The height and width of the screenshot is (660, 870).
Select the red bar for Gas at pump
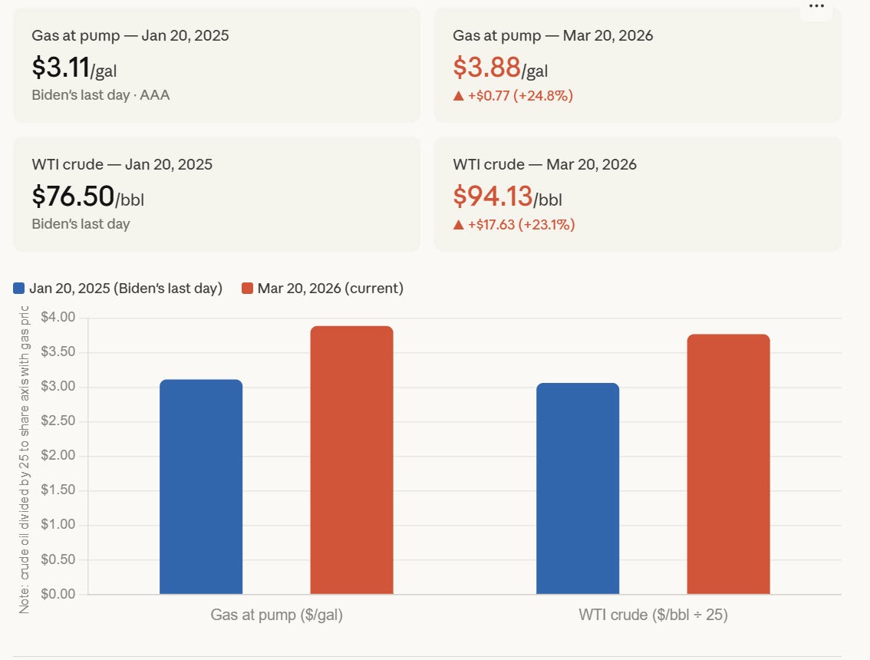pos(351,460)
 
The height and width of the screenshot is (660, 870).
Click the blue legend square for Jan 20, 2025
pos(19,289)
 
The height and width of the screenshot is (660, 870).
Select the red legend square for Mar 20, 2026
pos(247,289)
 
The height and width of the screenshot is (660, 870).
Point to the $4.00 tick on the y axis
pos(58,317)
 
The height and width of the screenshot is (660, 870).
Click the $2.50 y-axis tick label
pos(58,421)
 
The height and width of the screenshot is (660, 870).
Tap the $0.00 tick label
pos(58,594)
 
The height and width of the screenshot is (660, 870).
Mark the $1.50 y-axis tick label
pos(58,490)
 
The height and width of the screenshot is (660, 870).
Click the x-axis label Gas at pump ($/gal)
pos(276,615)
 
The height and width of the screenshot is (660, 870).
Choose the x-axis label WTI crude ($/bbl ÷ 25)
pos(653,615)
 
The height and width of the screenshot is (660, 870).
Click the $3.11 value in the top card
pos(61,68)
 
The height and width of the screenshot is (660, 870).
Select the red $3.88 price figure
pos(486,68)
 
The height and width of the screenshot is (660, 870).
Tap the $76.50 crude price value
pos(73,196)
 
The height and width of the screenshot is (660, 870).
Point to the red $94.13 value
pos(493,196)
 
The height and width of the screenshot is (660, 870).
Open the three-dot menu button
pos(816,6)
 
